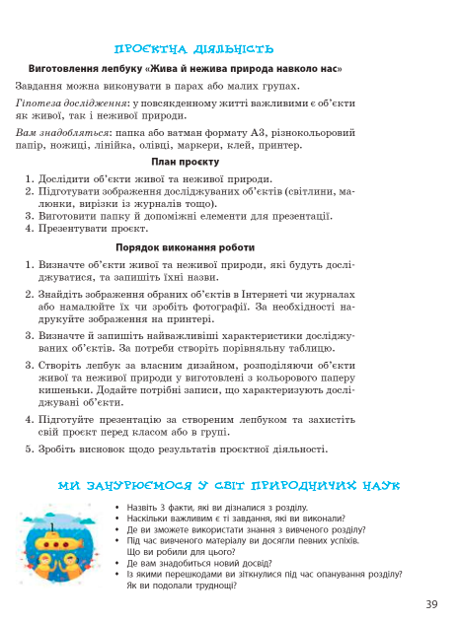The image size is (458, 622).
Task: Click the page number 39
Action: point(431,604)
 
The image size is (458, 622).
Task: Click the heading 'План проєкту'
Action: point(185,162)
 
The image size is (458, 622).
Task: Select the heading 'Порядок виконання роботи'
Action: point(185,247)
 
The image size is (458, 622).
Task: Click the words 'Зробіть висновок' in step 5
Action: point(79,449)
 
